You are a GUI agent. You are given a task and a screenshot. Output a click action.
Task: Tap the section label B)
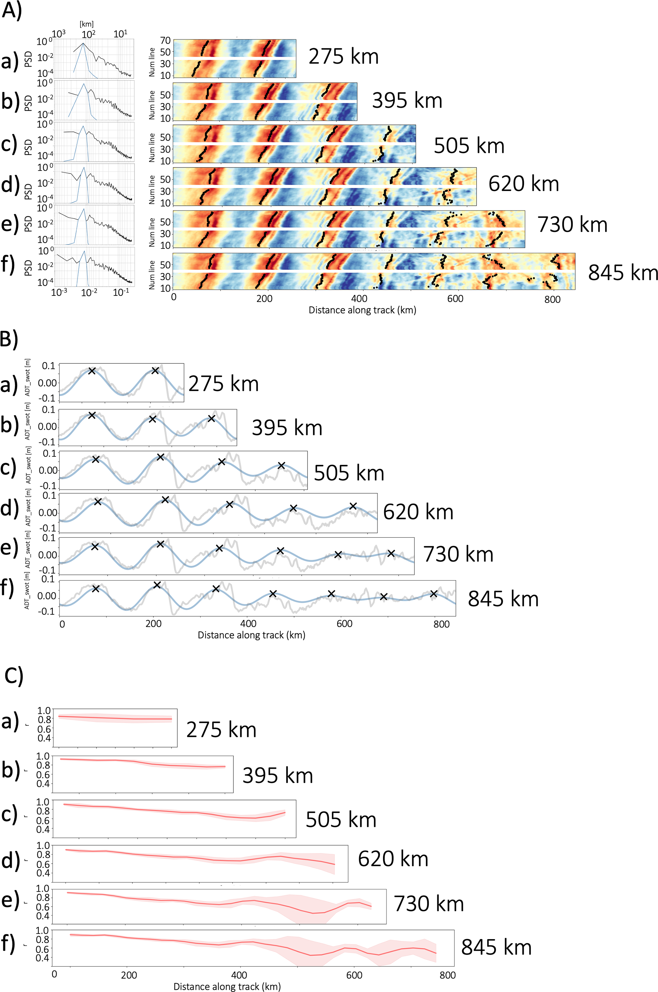tap(9, 339)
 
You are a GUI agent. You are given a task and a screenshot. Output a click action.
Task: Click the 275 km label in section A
tap(343, 56)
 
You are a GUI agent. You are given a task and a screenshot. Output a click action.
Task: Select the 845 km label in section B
tap(503, 599)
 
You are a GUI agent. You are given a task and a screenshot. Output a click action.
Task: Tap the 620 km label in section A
tap(523, 184)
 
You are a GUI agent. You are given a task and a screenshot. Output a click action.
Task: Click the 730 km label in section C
tap(428, 903)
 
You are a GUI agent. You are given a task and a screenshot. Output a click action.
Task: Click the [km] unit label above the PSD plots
tap(87, 24)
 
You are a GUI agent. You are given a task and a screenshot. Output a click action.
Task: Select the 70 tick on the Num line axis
tap(165, 41)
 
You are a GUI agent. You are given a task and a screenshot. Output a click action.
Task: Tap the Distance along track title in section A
tap(362, 310)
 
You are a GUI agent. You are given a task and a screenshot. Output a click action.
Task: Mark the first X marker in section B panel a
tap(92, 371)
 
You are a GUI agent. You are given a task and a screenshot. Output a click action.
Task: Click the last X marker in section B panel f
tap(434, 594)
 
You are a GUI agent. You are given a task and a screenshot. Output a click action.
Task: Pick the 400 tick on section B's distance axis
tap(248, 624)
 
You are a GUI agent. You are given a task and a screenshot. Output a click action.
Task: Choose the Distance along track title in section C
tap(227, 987)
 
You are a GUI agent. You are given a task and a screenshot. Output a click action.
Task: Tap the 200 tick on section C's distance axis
tap(129, 975)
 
